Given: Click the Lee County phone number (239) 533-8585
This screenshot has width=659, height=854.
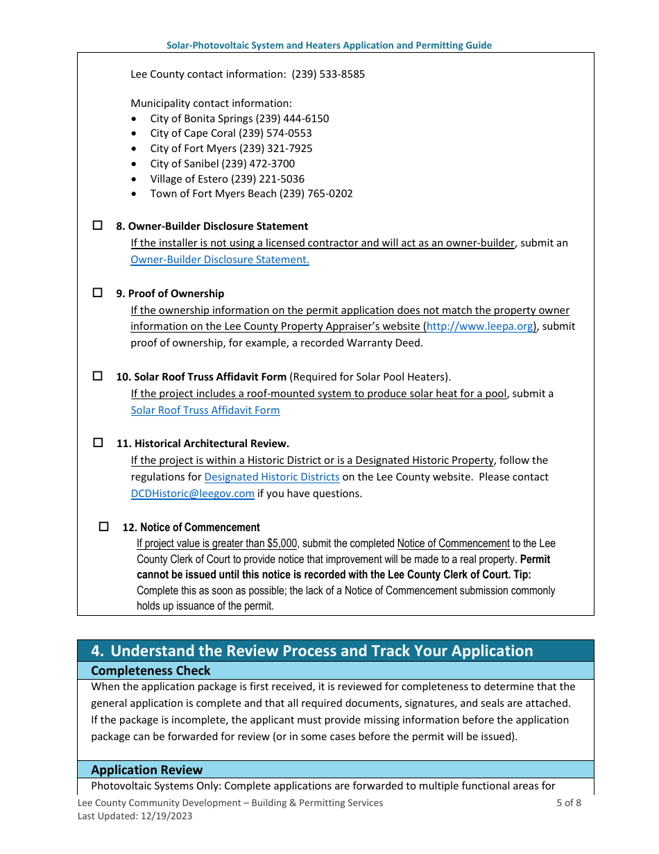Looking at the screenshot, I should point(328,74).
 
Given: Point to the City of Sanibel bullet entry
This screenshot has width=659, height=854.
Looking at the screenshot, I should point(222,164).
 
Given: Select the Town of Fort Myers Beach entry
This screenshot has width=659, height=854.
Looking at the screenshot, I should point(251,194).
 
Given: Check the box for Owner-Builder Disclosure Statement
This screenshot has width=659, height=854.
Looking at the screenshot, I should point(98,226).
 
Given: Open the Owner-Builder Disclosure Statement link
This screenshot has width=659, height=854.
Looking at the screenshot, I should point(220,260).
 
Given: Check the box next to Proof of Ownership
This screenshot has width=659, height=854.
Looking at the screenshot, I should point(98,293).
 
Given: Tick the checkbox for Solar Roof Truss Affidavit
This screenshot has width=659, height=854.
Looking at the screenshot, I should point(98,376).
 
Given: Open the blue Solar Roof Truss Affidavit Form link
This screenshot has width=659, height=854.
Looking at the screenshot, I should point(205,410).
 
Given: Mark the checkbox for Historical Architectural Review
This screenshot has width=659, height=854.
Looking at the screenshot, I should point(98,442).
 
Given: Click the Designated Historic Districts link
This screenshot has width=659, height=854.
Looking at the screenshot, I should point(272,477).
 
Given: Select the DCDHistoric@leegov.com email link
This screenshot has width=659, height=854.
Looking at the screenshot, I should point(193,494).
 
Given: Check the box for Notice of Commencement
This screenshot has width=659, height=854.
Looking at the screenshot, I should point(104,527).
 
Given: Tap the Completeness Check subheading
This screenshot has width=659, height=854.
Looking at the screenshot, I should point(151,671).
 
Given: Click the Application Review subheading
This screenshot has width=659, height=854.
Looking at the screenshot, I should point(147,770).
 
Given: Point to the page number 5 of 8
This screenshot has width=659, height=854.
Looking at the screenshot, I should point(568,803).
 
